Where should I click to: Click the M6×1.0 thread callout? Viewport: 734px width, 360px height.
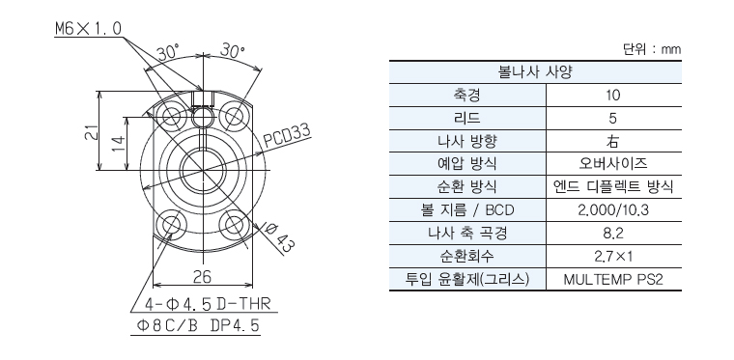pyautogui.click(x=89, y=29)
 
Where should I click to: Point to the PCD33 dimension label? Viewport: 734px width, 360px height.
pyautogui.click(x=287, y=136)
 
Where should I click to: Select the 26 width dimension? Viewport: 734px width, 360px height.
pyautogui.click(x=202, y=276)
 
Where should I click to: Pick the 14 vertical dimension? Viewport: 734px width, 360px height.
pyautogui.click(x=119, y=143)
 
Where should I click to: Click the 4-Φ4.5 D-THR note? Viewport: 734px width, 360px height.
pyautogui.click(x=208, y=304)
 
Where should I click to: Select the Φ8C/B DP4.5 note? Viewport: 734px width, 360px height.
pyautogui.click(x=198, y=325)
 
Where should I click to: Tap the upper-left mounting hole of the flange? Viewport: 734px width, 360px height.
pyautogui.click(x=171, y=116)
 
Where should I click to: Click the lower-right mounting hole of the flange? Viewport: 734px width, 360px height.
pyautogui.click(x=235, y=225)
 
